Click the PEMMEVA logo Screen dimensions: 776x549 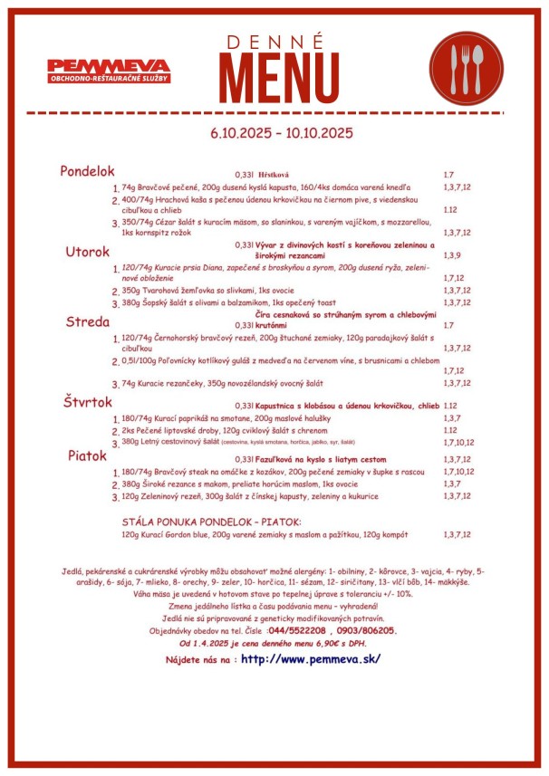click(x=109, y=71)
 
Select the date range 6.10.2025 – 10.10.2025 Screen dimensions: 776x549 click(x=281, y=133)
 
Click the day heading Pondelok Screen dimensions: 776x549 click(x=87, y=171)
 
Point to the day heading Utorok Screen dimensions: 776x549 click(x=87, y=251)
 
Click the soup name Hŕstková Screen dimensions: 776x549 click(x=273, y=174)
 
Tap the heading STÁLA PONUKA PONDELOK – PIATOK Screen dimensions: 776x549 click(x=211, y=522)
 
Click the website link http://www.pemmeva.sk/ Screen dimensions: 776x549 click(x=310, y=658)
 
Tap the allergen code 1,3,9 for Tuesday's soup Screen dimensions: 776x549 click(x=452, y=256)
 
